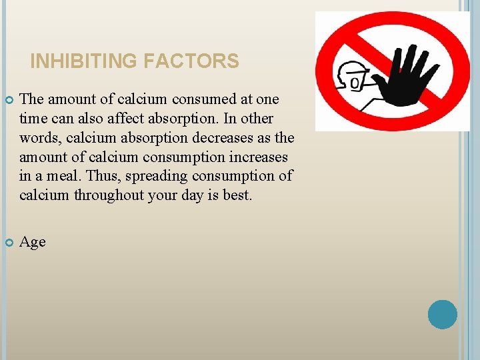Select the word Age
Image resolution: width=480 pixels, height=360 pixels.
click(x=33, y=242)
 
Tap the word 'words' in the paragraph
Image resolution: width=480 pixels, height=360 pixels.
click(x=39, y=138)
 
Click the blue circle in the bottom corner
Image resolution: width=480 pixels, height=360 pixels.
click(x=442, y=314)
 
